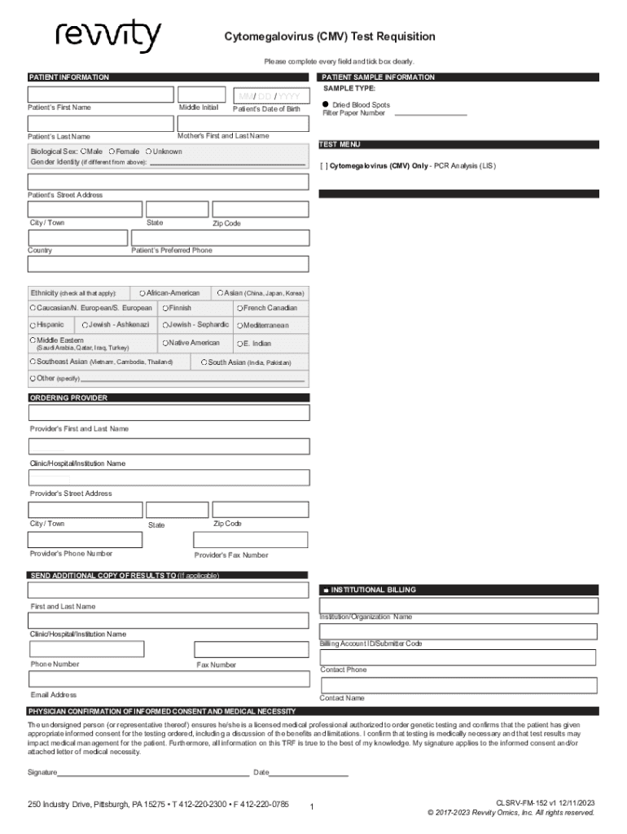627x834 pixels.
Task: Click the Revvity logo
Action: tap(107, 37)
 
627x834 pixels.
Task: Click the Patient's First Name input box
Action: tap(100, 94)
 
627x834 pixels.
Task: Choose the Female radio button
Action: tap(112, 151)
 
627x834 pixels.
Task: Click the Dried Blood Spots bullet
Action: tap(324, 105)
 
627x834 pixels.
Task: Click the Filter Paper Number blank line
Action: tap(431, 115)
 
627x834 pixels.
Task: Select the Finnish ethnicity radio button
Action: tap(164, 309)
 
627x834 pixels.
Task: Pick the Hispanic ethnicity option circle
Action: tap(33, 325)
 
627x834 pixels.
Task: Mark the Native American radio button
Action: tap(164, 344)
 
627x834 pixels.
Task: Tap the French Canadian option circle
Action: tap(239, 309)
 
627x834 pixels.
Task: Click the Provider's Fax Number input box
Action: tap(250, 540)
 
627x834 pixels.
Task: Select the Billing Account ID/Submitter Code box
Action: tap(459, 631)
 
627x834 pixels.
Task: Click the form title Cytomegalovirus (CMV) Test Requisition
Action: tap(330, 37)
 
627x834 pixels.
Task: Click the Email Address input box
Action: tap(169, 679)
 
